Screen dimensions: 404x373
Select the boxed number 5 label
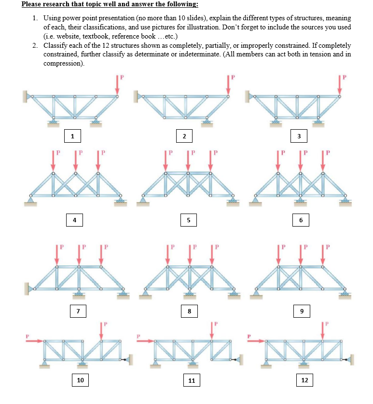pos(189,220)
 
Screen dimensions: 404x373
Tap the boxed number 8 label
pos(189,311)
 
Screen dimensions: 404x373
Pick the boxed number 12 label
pos(304,380)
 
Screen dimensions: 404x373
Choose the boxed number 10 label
pos(80,380)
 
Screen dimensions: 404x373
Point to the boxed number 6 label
pos(301,220)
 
